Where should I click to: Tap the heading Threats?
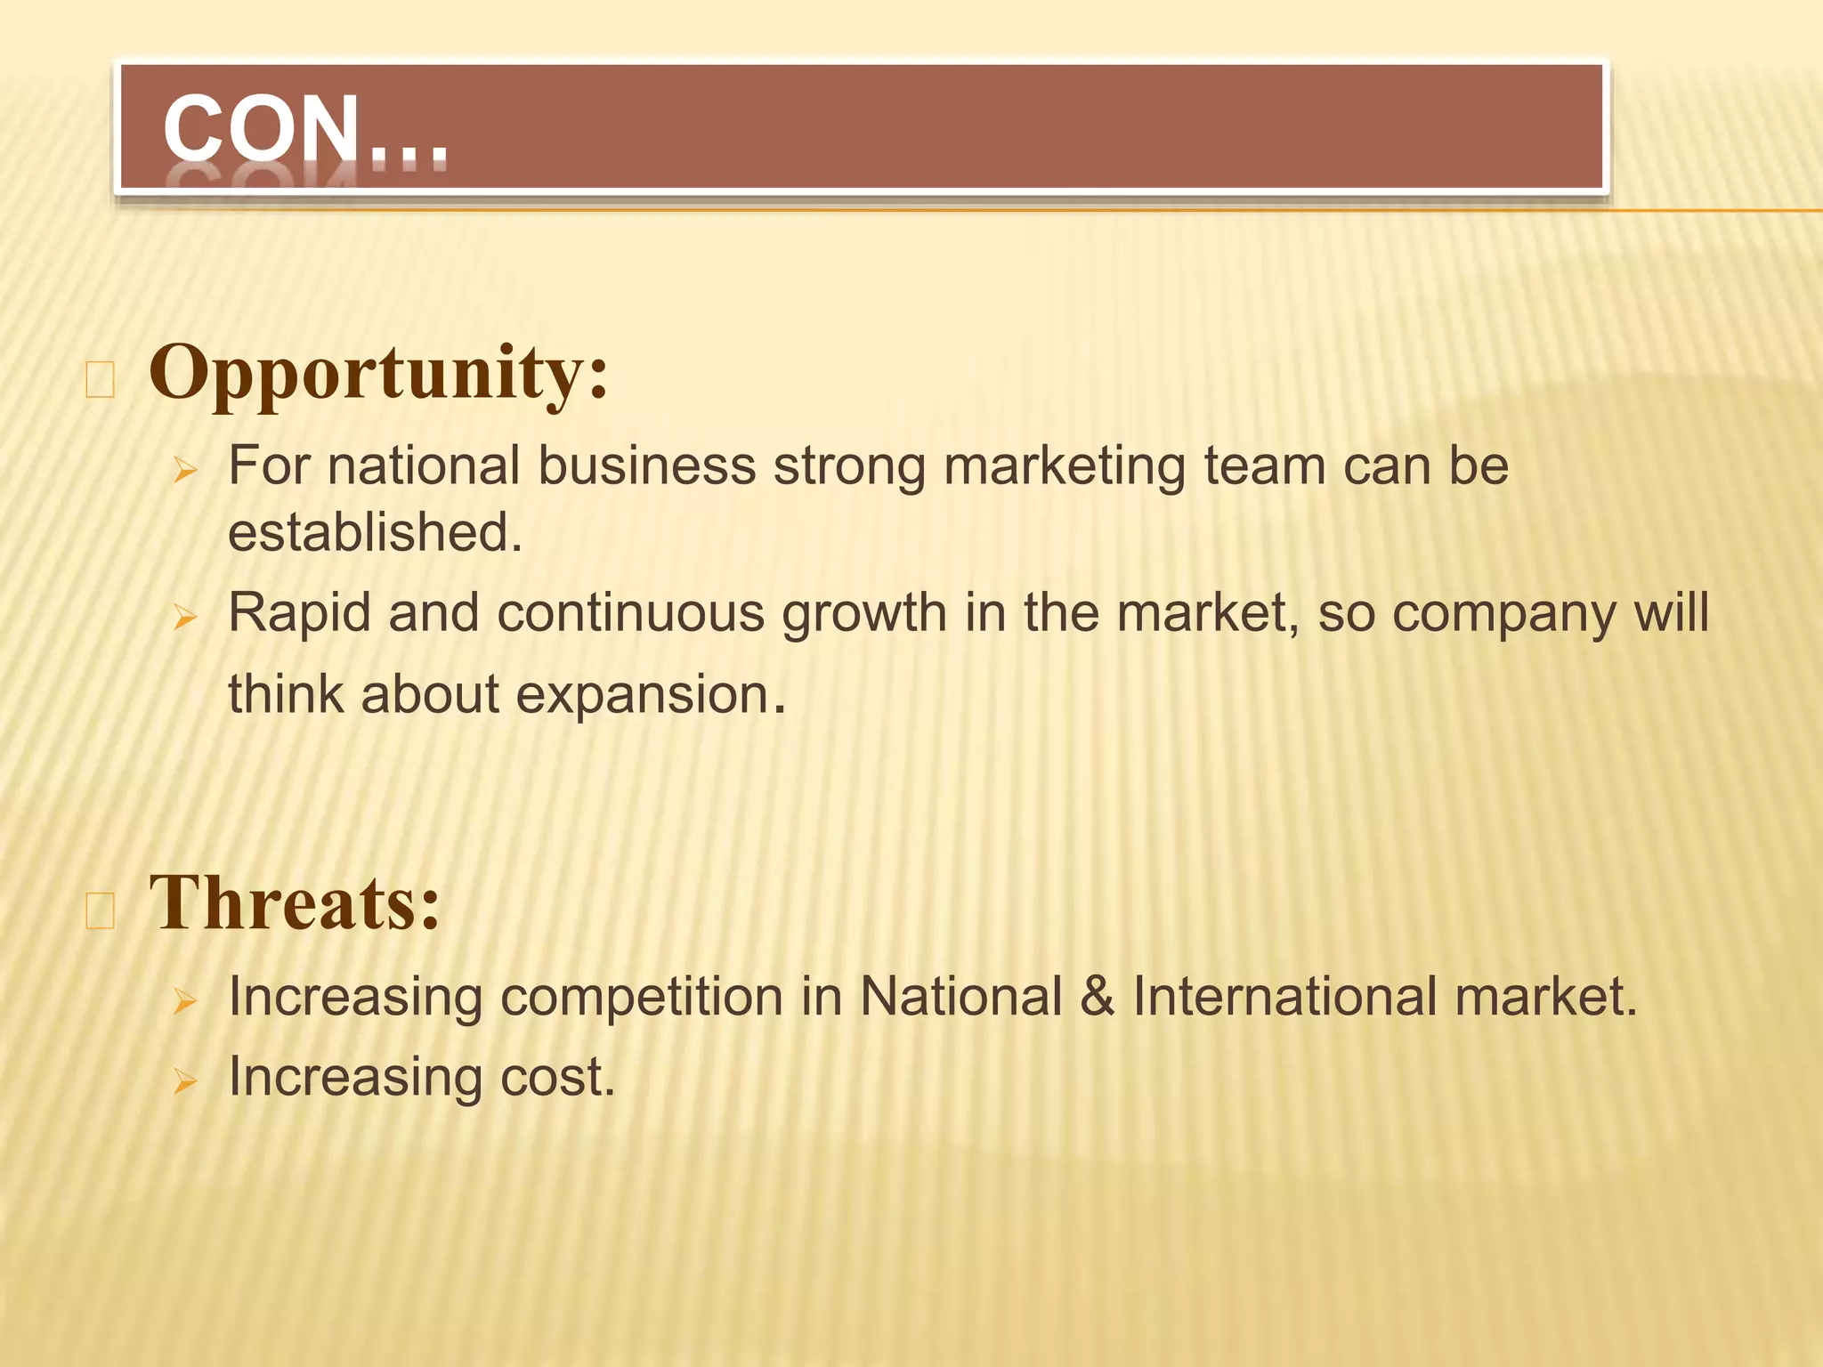tap(295, 902)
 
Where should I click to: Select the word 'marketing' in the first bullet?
tap(1065, 466)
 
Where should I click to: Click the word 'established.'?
tap(375, 532)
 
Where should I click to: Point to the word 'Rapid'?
tap(299, 614)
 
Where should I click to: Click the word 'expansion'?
tap(643, 694)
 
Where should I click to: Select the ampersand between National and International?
tap(1098, 996)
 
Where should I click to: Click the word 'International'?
tap(1284, 996)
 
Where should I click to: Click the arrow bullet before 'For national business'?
tap(185, 469)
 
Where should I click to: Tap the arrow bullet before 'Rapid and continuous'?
tap(185, 616)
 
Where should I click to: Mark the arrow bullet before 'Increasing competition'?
tap(185, 1000)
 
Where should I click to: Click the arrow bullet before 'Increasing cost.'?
tap(185, 1080)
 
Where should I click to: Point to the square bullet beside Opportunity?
tap(100, 380)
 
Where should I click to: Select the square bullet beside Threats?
tap(100, 911)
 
